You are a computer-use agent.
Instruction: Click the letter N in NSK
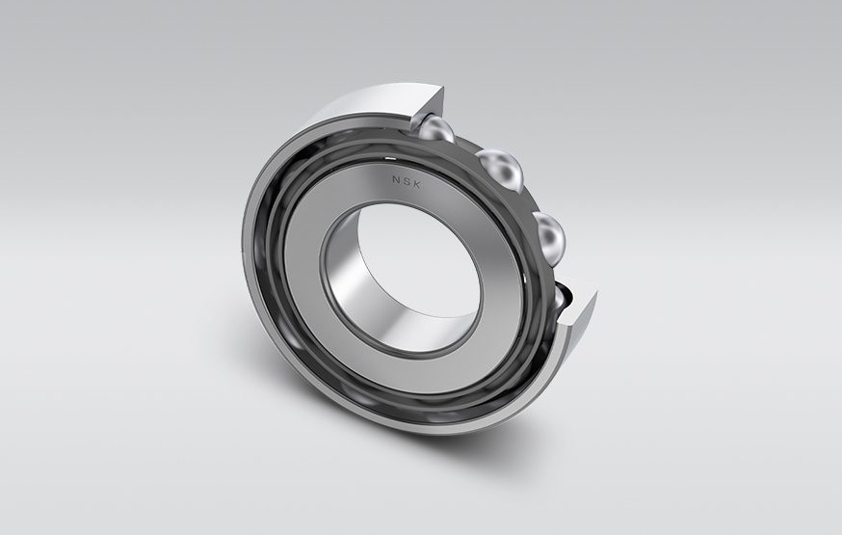pos(395,178)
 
